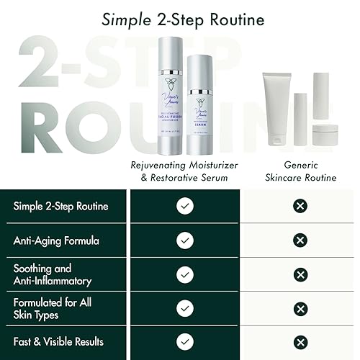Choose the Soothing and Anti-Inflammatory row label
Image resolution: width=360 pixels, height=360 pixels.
click(53, 274)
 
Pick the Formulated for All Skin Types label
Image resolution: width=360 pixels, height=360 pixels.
click(53, 307)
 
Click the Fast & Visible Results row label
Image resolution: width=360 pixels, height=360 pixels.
click(57, 341)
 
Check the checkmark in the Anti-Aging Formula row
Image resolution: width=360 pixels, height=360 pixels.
click(184, 240)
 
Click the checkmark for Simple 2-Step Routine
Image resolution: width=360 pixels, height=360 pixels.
click(184, 207)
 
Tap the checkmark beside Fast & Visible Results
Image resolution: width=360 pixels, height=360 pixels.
click(184, 341)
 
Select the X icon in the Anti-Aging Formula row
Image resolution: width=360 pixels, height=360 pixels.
click(301, 240)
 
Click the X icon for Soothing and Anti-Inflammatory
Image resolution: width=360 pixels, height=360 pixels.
click(301, 274)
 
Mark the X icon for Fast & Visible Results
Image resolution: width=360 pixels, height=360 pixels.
click(301, 341)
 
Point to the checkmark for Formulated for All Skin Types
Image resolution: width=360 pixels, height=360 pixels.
click(184, 307)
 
